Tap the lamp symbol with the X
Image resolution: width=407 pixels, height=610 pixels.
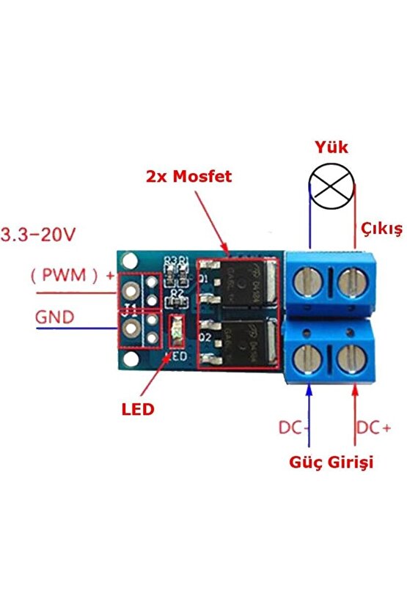tap(334, 187)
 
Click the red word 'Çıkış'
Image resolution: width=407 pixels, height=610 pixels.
tap(381, 229)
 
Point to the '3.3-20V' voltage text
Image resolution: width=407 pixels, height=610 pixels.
tap(38, 235)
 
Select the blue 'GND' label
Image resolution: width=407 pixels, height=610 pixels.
tap(56, 317)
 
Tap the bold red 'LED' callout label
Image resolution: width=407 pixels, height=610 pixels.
tap(138, 408)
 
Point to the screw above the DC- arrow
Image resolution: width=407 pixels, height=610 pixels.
tap(309, 359)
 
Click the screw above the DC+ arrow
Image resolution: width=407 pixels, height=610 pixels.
tap(353, 359)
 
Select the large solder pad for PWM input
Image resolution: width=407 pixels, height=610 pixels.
tap(132, 287)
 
